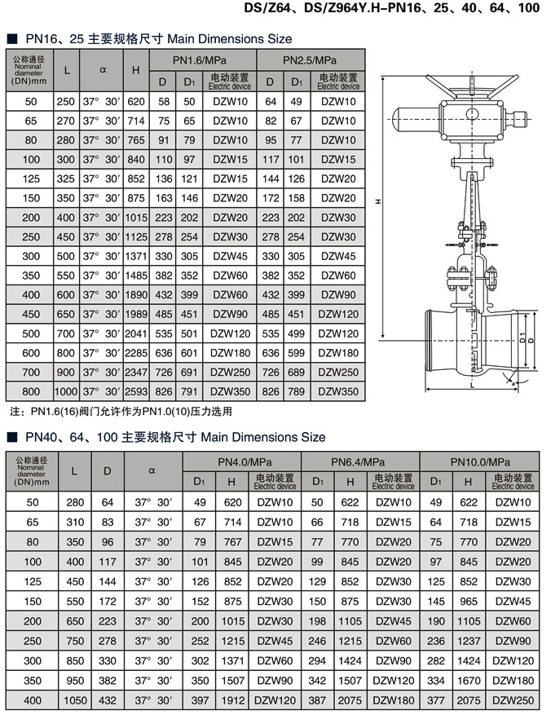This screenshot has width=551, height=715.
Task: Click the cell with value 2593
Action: click(x=136, y=391)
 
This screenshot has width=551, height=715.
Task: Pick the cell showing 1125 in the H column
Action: click(x=136, y=236)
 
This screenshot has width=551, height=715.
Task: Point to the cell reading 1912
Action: click(x=231, y=699)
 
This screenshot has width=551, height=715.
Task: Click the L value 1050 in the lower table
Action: click(x=75, y=699)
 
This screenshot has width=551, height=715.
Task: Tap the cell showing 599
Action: click(x=296, y=353)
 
